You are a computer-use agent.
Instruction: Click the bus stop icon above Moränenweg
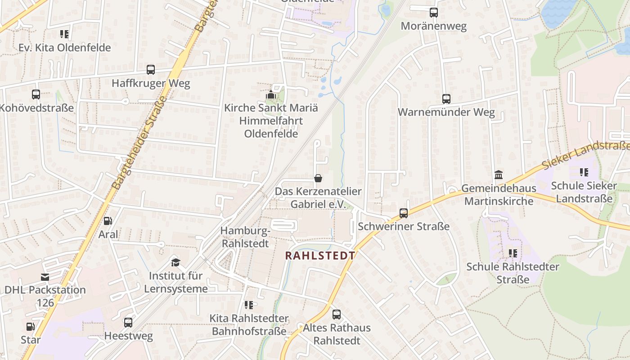pos(434,13)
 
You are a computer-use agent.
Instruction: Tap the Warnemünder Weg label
pos(446,112)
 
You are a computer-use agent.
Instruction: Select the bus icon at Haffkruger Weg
pos(151,70)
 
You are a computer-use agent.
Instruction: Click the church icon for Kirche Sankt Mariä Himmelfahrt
pos(270,95)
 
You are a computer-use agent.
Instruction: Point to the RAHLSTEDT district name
pos(320,256)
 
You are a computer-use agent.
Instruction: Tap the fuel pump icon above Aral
pos(108,221)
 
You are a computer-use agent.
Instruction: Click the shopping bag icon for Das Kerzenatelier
pos(318,179)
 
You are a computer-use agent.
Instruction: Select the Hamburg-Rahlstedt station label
pos(245,237)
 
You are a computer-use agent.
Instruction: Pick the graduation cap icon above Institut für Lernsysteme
pos(175,262)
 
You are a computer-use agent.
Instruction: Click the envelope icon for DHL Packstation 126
pos(45,277)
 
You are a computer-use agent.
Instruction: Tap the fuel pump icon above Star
pos(30,327)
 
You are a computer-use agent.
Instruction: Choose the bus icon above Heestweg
pos(128,323)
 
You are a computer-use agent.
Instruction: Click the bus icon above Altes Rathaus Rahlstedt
pos(337,315)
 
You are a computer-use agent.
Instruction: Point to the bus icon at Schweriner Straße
pos(404,213)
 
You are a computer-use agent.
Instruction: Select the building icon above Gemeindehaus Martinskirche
pos(499,175)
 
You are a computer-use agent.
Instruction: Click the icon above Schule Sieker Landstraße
pos(584,172)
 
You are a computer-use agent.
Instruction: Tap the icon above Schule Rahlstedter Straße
pos(513,253)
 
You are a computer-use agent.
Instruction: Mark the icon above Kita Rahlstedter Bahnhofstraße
pos(249,305)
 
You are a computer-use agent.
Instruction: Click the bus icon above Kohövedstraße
pos(36,94)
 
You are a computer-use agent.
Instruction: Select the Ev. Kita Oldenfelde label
pos(64,47)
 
